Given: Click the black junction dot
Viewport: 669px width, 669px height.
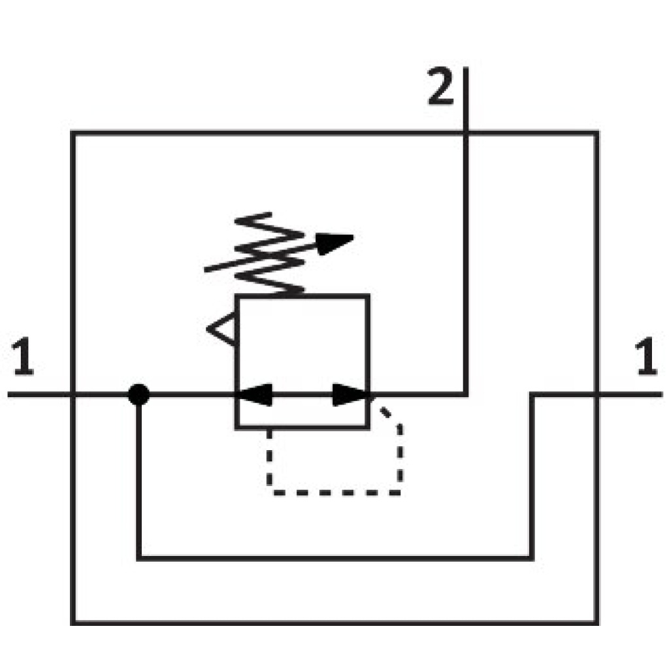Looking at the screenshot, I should (x=139, y=395).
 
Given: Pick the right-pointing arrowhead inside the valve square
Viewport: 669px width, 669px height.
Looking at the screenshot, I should (x=351, y=395).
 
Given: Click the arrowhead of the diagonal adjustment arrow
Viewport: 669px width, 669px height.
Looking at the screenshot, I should (x=336, y=242).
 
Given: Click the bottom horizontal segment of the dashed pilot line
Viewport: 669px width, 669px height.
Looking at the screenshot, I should (x=334, y=491).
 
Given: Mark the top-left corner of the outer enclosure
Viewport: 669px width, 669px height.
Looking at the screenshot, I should (x=73, y=133).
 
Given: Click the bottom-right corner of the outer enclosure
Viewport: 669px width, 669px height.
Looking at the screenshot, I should (x=596, y=621).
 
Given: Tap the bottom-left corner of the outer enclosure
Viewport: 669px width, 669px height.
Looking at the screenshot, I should (x=73, y=621).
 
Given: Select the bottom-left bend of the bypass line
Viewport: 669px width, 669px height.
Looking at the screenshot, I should (x=139, y=558).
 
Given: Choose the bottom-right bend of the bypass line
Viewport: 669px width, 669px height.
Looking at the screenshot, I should (x=531, y=558).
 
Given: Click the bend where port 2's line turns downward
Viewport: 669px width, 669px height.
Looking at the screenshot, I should (x=465, y=395).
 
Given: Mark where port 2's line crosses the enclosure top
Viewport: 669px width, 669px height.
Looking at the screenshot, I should (x=465, y=133).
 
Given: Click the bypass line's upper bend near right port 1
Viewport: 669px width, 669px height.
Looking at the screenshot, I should (x=531, y=395).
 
